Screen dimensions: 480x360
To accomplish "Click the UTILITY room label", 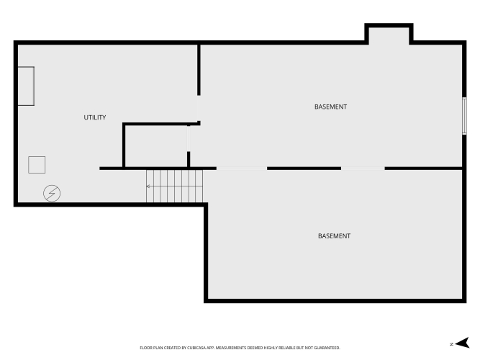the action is click(x=95, y=117).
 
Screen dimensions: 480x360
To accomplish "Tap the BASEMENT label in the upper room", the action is click(x=330, y=107).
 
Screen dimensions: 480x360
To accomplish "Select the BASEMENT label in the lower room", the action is click(x=334, y=236).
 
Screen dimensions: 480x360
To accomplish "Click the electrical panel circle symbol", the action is click(x=52, y=194).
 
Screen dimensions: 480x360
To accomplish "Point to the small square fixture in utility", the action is click(x=37, y=165).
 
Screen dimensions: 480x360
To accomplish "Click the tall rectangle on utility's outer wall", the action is click(x=26, y=86).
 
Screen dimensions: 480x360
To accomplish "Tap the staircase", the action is click(x=174, y=186).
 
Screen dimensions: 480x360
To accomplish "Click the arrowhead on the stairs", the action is click(x=148, y=186).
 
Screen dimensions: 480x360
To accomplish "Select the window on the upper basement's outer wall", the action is click(x=464, y=116).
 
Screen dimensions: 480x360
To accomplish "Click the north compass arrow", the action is click(x=463, y=343).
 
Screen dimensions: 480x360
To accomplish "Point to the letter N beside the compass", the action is click(x=451, y=344).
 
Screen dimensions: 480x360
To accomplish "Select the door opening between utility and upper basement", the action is click(x=199, y=108).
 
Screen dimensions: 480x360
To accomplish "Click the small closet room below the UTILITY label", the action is click(x=156, y=146).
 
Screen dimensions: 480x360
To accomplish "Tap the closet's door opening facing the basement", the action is click(x=189, y=138).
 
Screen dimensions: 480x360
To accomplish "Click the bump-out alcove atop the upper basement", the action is click(x=389, y=35).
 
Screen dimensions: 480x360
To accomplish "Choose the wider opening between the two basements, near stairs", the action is click(x=242, y=168).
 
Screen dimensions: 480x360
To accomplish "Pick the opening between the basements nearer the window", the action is click(x=363, y=168).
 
